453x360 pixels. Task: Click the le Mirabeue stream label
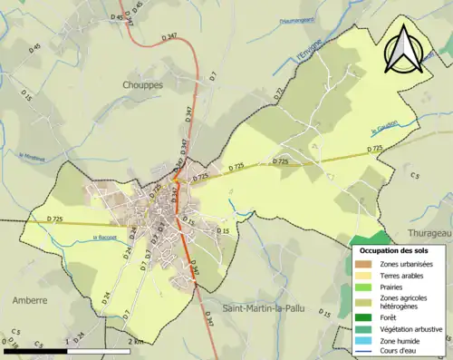coord(33,155)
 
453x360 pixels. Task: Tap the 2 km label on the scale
coord(136,341)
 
